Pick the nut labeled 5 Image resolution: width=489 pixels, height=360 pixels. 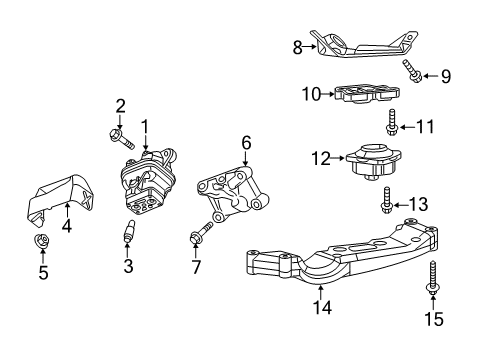tap(42, 242)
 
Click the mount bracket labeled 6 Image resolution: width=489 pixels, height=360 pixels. tap(230, 197)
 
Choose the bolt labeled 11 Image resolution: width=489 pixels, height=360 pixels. tap(392, 124)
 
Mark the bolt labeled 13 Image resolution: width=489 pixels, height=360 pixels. tap(387, 205)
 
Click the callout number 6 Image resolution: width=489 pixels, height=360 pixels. tap(245, 143)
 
